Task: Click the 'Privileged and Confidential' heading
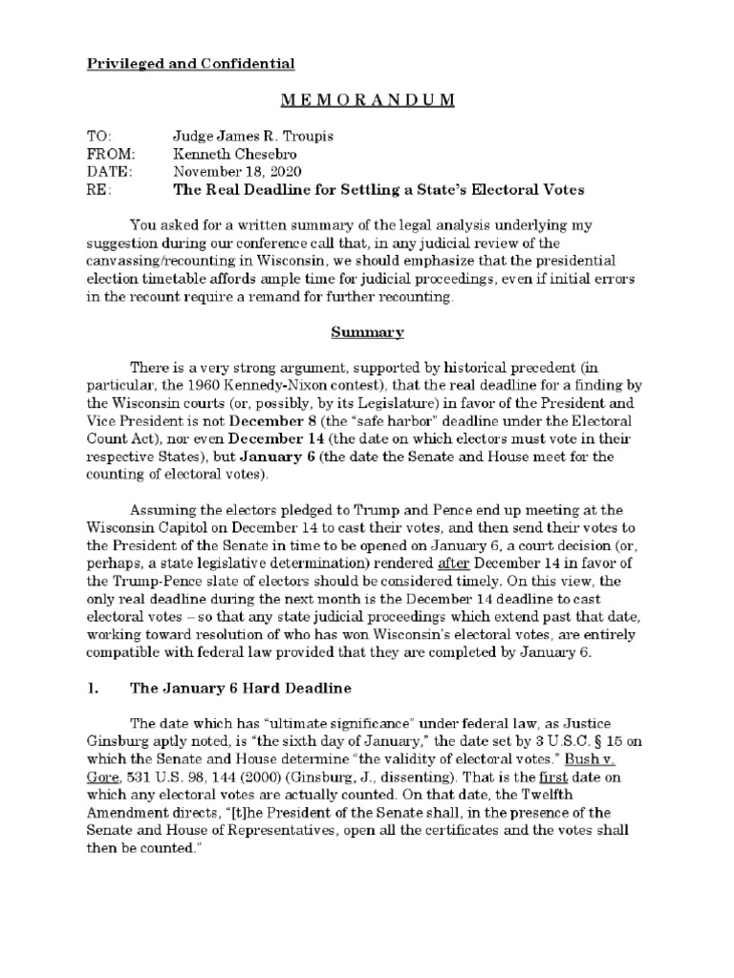191,64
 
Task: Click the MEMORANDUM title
367,101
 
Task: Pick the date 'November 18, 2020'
237,171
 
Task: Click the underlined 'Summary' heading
367,333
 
